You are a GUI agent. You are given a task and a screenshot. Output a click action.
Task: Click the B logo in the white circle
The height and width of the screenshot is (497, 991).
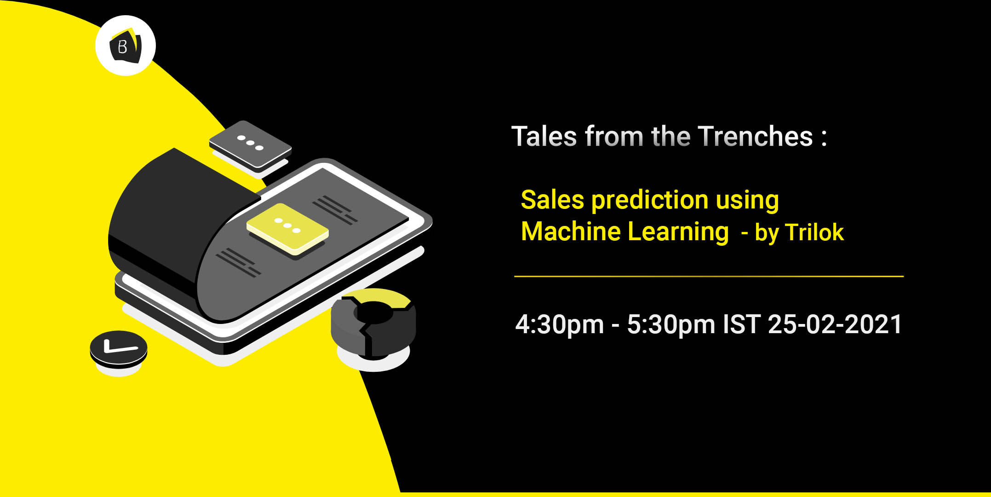click(125, 46)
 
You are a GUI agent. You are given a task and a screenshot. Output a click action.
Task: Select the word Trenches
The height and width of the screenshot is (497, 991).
click(755, 137)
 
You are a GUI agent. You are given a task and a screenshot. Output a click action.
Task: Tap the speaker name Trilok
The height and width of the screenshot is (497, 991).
click(814, 232)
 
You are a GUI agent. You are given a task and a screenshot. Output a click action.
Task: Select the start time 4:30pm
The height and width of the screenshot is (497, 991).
click(559, 325)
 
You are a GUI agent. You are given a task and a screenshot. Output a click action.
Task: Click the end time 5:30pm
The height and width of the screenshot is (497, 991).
click(671, 325)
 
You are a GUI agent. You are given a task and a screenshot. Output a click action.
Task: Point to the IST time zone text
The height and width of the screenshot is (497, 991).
click(741, 324)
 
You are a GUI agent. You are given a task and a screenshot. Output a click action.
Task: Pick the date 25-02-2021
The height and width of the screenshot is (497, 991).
click(835, 324)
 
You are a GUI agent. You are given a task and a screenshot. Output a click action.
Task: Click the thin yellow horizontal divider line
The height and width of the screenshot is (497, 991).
click(709, 276)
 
